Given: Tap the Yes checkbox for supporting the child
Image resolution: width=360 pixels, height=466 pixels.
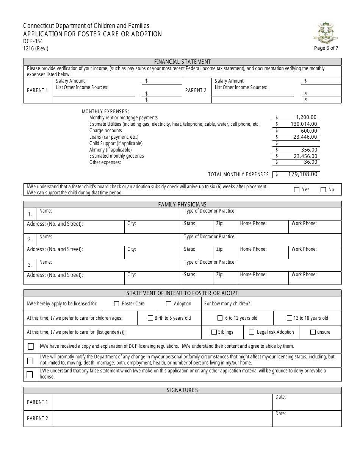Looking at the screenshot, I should tap(297, 189).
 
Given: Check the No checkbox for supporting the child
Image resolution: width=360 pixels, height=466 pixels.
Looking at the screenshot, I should tap(323, 189).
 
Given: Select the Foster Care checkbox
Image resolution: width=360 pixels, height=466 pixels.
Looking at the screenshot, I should tap(117, 303).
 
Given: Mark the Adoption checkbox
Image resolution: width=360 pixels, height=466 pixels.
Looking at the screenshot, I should tap(169, 303).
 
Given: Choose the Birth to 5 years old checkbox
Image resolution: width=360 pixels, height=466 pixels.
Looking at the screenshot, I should tap(150, 318).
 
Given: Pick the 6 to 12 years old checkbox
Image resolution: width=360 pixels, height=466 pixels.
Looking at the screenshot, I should tap(220, 318).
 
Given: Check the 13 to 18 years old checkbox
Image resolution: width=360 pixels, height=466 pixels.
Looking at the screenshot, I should tap(290, 318).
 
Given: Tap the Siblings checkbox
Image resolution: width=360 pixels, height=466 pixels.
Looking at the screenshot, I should tap(214, 332).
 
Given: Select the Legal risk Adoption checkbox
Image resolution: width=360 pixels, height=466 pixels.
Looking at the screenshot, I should tap(252, 332).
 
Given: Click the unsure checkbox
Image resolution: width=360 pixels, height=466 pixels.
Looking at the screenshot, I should tap(313, 332).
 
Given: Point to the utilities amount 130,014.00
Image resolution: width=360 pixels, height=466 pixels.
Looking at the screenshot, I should tap(303, 124).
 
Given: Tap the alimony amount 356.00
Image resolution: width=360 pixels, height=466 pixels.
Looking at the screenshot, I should tap(308, 150).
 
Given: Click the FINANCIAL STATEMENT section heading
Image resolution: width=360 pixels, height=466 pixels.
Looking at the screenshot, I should tap(182, 61).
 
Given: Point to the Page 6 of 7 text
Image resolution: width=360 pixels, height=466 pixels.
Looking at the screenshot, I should tap(326, 48).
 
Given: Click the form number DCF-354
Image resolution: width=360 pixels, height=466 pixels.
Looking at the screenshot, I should tap(32, 41).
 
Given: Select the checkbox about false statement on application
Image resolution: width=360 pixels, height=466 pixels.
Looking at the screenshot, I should tap(30, 374).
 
